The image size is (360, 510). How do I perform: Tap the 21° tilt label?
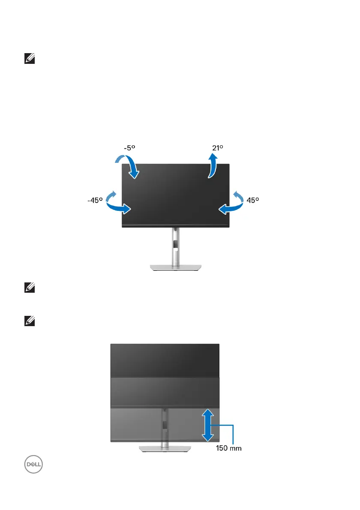click(217, 147)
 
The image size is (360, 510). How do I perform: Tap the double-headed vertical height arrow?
click(207, 425)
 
